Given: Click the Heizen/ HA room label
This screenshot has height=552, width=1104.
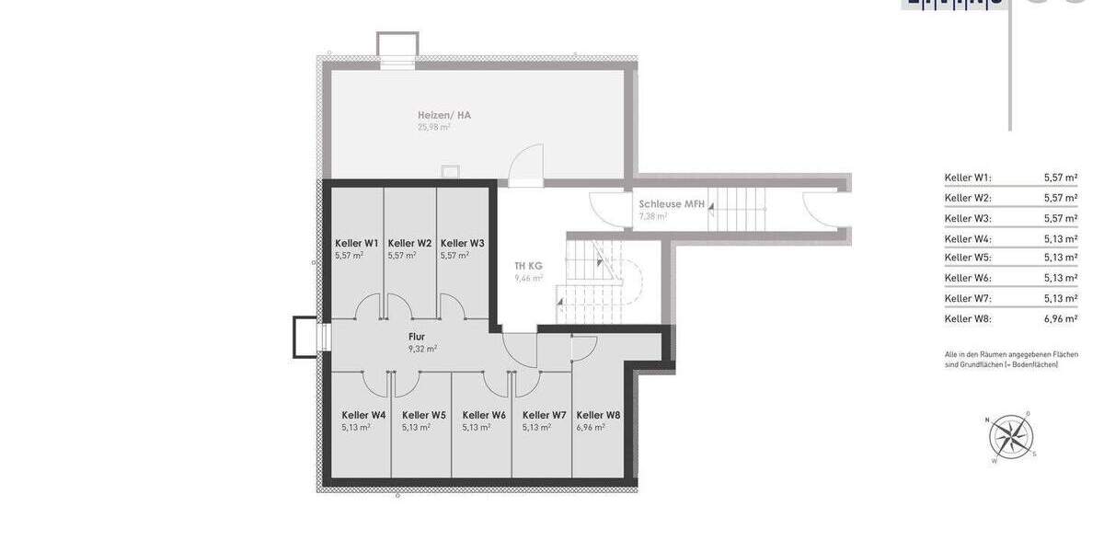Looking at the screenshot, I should [444, 115].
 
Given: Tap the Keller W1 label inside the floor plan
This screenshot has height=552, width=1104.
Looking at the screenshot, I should [356, 244].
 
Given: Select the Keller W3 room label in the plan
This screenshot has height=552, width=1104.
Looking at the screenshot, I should [462, 244].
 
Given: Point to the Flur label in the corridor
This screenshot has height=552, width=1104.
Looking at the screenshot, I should [417, 337].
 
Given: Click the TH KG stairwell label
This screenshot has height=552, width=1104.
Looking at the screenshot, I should [528, 266].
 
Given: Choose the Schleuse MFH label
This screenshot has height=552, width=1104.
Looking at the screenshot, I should [672, 204].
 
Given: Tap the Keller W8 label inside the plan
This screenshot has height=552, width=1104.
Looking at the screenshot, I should [598, 415].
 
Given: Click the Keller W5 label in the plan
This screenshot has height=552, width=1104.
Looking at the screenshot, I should [423, 415].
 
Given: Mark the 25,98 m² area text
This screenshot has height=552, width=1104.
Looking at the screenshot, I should [433, 127].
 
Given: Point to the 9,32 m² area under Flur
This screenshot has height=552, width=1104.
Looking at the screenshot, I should [422, 350].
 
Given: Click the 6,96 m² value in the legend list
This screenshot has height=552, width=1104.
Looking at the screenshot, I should [1060, 319].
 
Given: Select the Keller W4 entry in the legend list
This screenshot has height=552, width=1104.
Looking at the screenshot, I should [968, 239].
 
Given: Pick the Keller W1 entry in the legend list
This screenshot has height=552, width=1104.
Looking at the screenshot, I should [968, 178].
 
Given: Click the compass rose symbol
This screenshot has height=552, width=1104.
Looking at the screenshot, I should [1010, 437].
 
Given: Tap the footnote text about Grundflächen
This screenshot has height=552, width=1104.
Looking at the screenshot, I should [1011, 360].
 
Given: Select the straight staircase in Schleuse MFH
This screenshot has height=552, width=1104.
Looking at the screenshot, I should [737, 208].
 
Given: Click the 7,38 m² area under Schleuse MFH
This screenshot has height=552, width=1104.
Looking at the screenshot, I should [653, 217].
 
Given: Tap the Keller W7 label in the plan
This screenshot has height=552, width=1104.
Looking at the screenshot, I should [544, 415].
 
